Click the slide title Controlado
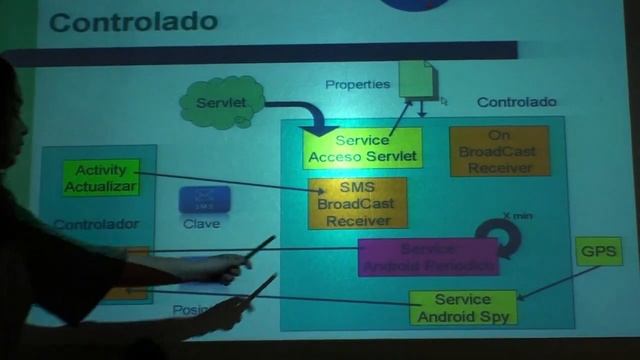click(132, 21)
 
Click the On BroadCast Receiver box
click(499, 151)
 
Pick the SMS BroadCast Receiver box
click(357, 204)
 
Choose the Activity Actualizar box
click(100, 179)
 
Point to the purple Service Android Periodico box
click(428, 257)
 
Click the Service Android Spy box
click(462, 307)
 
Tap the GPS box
click(598, 251)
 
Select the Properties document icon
click(415, 79)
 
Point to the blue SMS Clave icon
click(204, 200)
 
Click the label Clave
click(202, 224)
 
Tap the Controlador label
click(96, 225)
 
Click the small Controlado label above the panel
click(516, 102)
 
